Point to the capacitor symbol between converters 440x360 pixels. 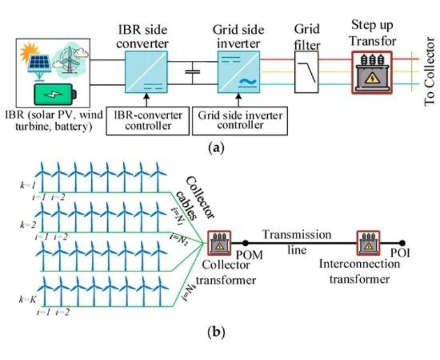(x=192, y=72)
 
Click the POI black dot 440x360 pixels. (x=403, y=243)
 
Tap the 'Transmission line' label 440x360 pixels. (x=296, y=242)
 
